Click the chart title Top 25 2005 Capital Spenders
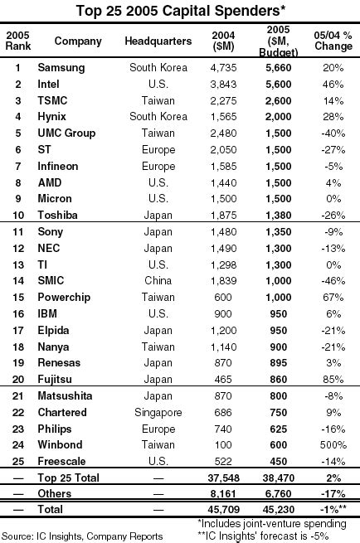(x=180, y=11)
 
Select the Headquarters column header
(x=158, y=41)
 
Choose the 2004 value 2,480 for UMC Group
(x=224, y=133)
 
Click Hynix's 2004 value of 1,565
(x=224, y=117)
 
